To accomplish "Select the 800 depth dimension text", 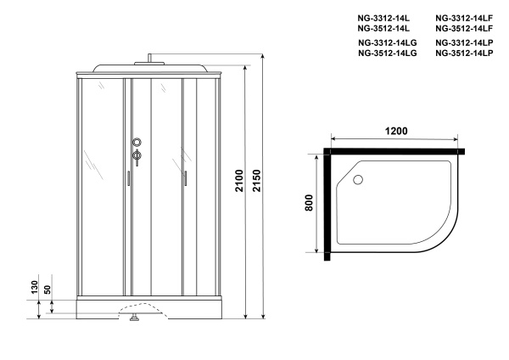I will pos(310,204).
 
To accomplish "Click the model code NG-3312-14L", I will pos(384,17).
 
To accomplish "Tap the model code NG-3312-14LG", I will pos(387,42).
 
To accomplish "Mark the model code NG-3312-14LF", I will pos(463,17).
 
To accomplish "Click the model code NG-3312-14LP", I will pos(464,42).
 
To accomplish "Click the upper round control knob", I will pos(137,143).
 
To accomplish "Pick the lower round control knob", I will pos(137,155).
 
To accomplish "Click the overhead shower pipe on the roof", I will pos(149,59).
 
